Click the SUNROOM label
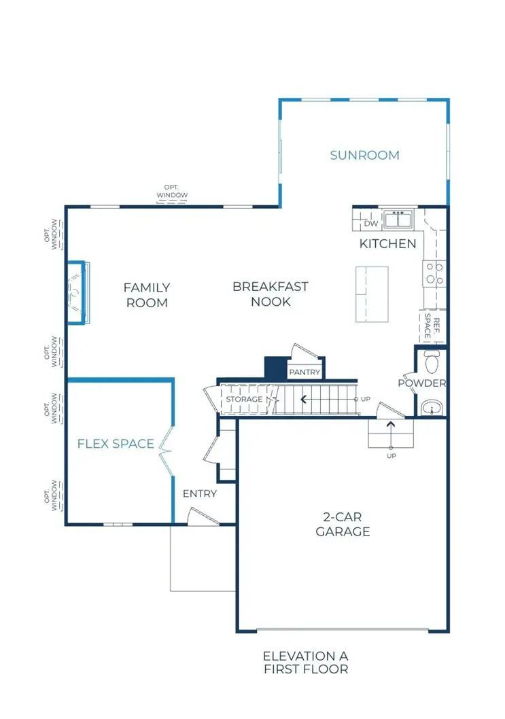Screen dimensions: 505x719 coord(364,156)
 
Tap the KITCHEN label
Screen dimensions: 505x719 coord(387,244)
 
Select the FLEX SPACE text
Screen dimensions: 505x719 coord(116,444)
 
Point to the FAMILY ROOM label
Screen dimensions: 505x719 coord(147,296)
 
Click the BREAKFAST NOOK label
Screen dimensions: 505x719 coord(271,294)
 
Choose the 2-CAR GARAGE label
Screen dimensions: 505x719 coord(343,524)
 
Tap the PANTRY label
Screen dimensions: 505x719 coord(304,372)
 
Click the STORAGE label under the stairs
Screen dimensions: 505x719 coord(245,400)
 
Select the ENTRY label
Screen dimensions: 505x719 coord(200,494)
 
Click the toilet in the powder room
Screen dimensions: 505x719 coord(432,362)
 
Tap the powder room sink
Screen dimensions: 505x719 coord(432,407)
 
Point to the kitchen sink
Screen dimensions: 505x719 coord(398,220)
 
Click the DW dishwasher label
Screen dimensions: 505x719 coord(371,224)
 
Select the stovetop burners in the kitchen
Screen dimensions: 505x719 coord(434,273)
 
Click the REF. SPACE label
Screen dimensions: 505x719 coord(432,326)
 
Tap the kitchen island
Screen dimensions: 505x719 coord(372,294)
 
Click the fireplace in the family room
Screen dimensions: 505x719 coord(77,292)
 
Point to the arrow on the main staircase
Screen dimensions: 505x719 coord(329,400)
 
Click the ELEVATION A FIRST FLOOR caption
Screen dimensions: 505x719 coord(306,663)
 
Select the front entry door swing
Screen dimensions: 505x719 coord(203,516)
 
